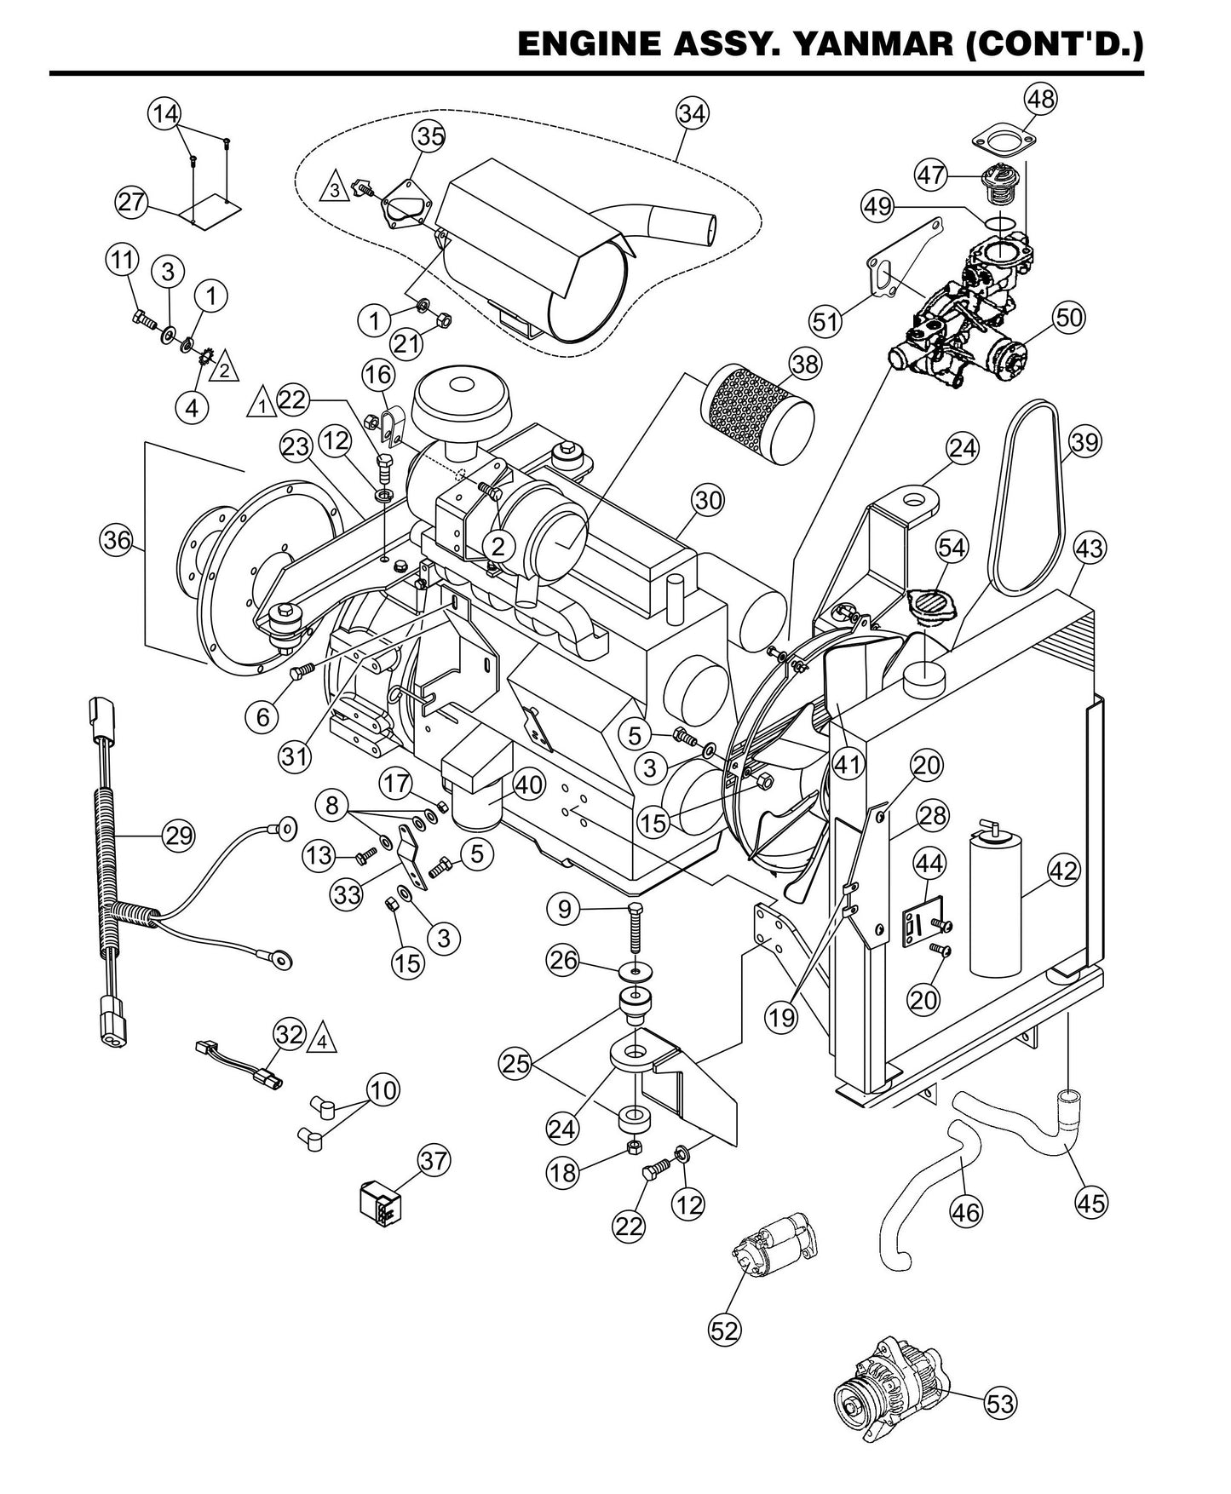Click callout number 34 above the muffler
pyautogui.click(x=693, y=113)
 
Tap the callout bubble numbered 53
pyautogui.click(x=1000, y=1402)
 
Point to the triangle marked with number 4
pyautogui.click(x=321, y=1038)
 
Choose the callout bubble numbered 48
pyautogui.click(x=1040, y=99)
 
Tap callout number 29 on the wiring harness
pyautogui.click(x=179, y=835)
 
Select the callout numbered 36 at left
pyautogui.click(x=118, y=539)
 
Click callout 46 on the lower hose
pyautogui.click(x=966, y=1210)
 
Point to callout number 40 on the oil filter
pyautogui.click(x=528, y=784)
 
